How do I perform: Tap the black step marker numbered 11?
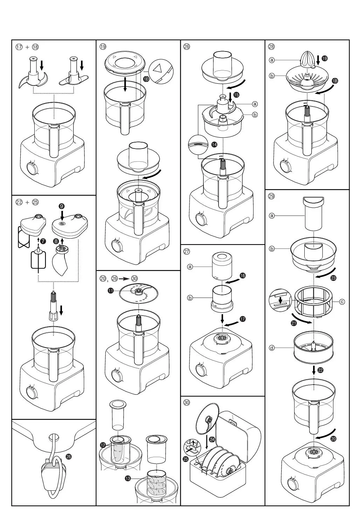pyautogui.click(x=111, y=290)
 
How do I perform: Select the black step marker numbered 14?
pyautogui.click(x=214, y=144)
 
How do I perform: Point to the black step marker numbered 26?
pyautogui.click(x=69, y=456)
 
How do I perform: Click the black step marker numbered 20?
pyautogui.click(x=333, y=439)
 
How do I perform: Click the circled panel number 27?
pyautogui.click(x=187, y=251)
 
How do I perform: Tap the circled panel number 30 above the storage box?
pyautogui.click(x=187, y=402)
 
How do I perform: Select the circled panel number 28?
pyautogui.click(x=271, y=47)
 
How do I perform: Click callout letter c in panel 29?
pyautogui.click(x=342, y=302)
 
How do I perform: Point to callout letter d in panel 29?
pyautogui.click(x=272, y=348)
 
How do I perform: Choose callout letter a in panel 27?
pyautogui.click(x=190, y=267)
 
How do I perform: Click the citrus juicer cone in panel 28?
pyautogui.click(x=307, y=58)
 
